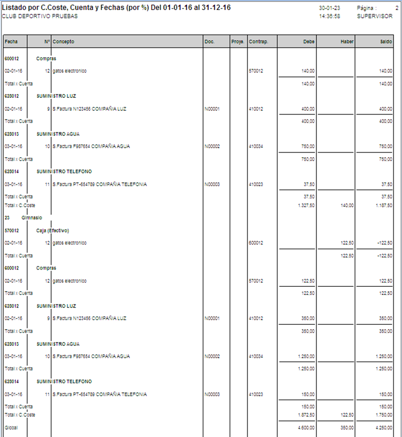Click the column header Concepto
64,42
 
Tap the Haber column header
347,42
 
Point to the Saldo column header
386,42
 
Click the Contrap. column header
259,42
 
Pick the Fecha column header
11,42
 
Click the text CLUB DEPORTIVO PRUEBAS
40,16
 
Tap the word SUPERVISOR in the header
375,16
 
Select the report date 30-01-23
329,9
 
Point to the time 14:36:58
329,16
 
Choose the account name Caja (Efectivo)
53,230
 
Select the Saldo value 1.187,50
383,205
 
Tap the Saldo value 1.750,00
383,414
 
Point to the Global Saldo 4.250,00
383,427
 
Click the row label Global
11,427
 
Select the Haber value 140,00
347,205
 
